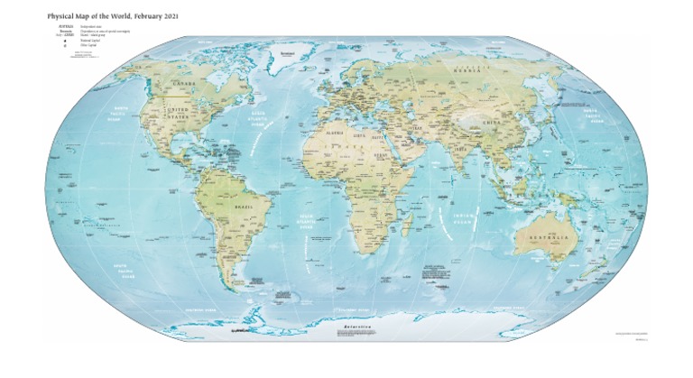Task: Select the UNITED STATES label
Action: point(176,113)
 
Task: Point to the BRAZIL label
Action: point(245,207)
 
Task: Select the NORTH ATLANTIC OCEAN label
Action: point(259,118)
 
